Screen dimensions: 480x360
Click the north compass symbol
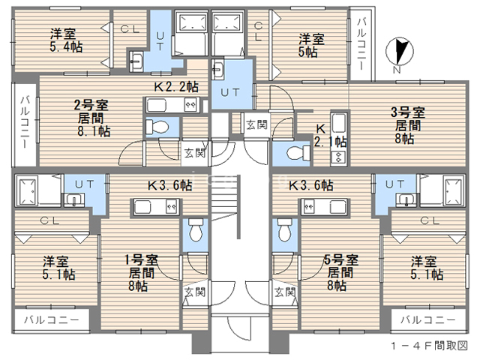point(400,52)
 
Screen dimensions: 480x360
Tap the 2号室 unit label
point(91,105)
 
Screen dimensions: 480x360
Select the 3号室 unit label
point(408,112)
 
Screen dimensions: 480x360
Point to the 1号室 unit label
point(142,260)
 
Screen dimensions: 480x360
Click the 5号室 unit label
point(341,260)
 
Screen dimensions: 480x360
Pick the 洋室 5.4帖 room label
point(66,40)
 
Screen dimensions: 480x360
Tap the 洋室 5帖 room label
point(311,45)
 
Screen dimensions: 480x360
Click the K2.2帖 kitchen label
point(176,87)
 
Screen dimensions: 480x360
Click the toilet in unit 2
point(157,126)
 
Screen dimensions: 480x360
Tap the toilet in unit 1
point(196,230)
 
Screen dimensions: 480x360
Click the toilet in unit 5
point(284,230)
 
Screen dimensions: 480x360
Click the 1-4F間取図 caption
point(429,346)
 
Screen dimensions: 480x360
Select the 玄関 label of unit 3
point(256,124)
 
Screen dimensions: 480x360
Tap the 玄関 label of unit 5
point(285,292)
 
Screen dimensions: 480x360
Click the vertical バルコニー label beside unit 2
point(25,122)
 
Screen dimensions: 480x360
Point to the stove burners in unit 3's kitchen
point(339,158)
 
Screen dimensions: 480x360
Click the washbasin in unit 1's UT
point(73,200)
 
